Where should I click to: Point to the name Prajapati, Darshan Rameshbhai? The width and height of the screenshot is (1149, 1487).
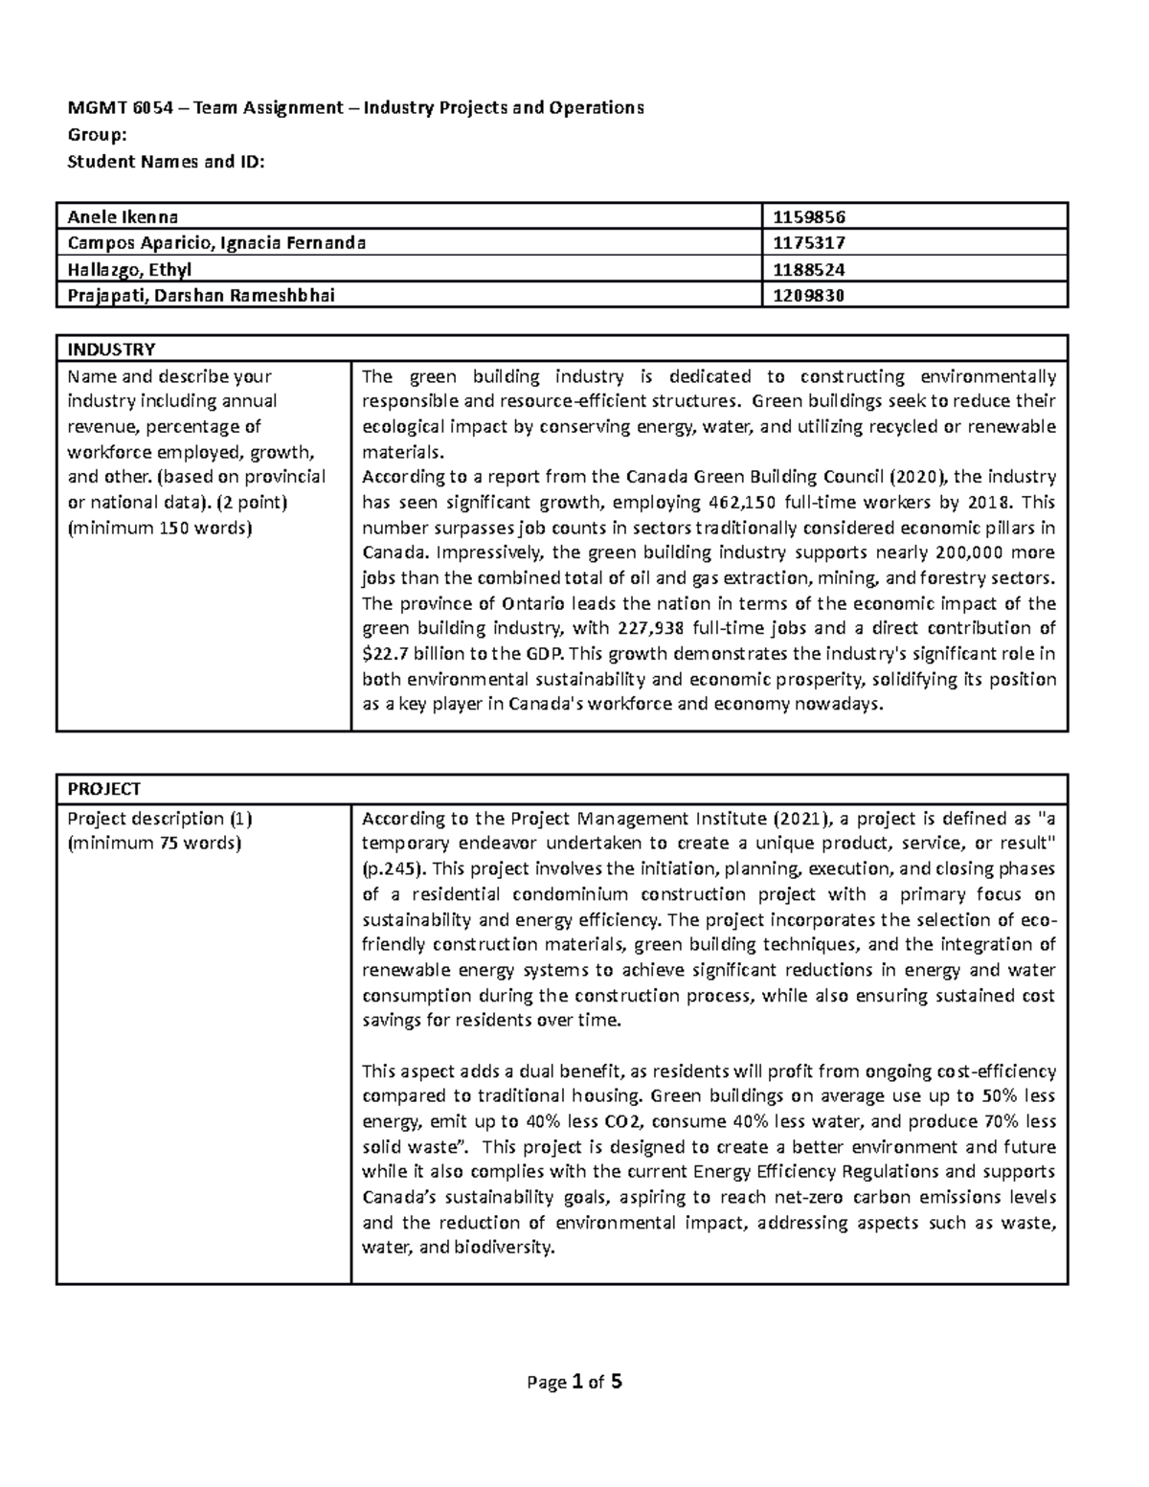(x=201, y=295)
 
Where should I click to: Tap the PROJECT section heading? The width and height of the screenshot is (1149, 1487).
(x=103, y=789)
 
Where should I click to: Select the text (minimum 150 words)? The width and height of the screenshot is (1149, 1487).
(x=159, y=528)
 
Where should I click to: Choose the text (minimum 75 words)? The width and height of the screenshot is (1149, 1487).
(x=154, y=844)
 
